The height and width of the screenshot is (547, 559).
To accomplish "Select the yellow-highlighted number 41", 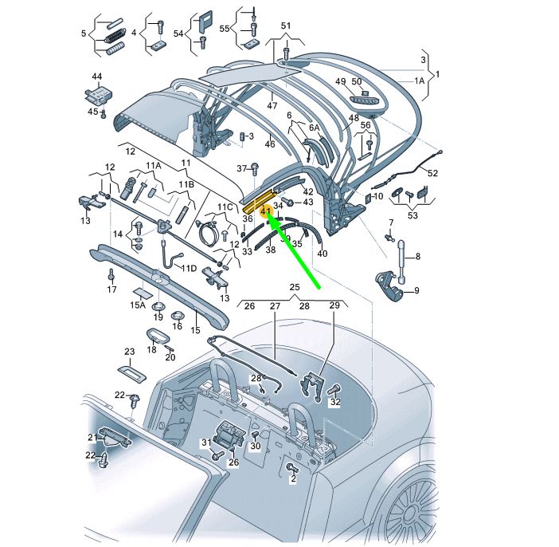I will click(x=266, y=211).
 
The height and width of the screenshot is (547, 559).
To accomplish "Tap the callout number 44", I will click(x=97, y=77).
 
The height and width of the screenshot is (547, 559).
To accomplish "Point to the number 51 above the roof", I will click(x=286, y=26).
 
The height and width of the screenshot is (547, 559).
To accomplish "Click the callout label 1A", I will click(x=419, y=81).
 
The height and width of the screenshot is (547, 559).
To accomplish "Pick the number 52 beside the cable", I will click(x=432, y=173).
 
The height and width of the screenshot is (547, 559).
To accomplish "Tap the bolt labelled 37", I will click(x=254, y=169).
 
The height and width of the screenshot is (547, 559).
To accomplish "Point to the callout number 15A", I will click(x=139, y=305).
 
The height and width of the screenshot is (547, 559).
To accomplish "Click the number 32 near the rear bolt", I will click(x=335, y=403).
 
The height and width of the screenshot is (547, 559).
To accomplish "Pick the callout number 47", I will click(x=272, y=105).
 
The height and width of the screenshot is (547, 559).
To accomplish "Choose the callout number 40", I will click(x=322, y=254).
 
